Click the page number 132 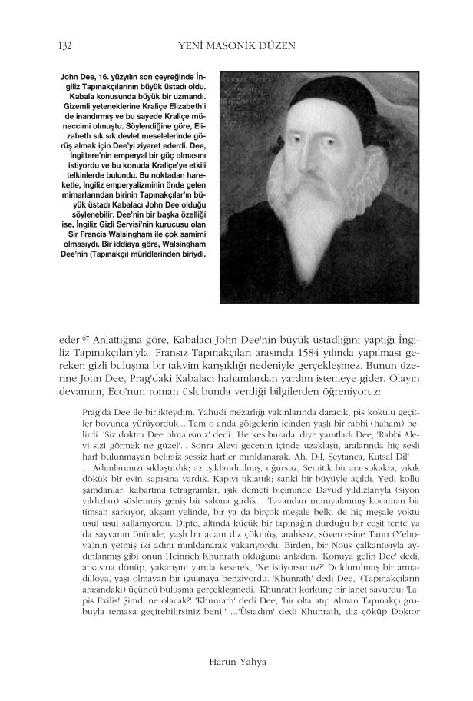tap(65, 46)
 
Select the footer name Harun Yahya tap(237, 660)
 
